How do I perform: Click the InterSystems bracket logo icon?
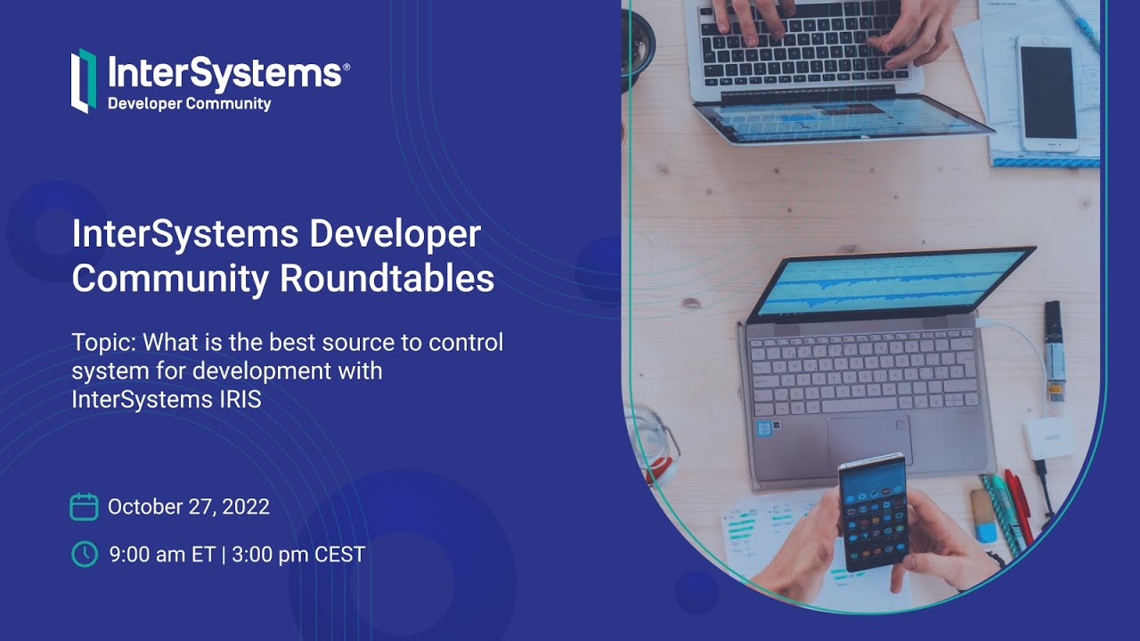83,80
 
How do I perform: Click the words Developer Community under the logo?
189,104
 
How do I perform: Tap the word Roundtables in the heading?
387,279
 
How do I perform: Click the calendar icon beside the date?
84,507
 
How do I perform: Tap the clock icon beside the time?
84,554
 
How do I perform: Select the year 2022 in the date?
246,507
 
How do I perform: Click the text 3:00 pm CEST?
298,555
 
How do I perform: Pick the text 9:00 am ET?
162,555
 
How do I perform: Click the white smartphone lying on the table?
1046,93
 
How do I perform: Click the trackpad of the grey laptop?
869,439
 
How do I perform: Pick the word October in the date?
144,507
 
